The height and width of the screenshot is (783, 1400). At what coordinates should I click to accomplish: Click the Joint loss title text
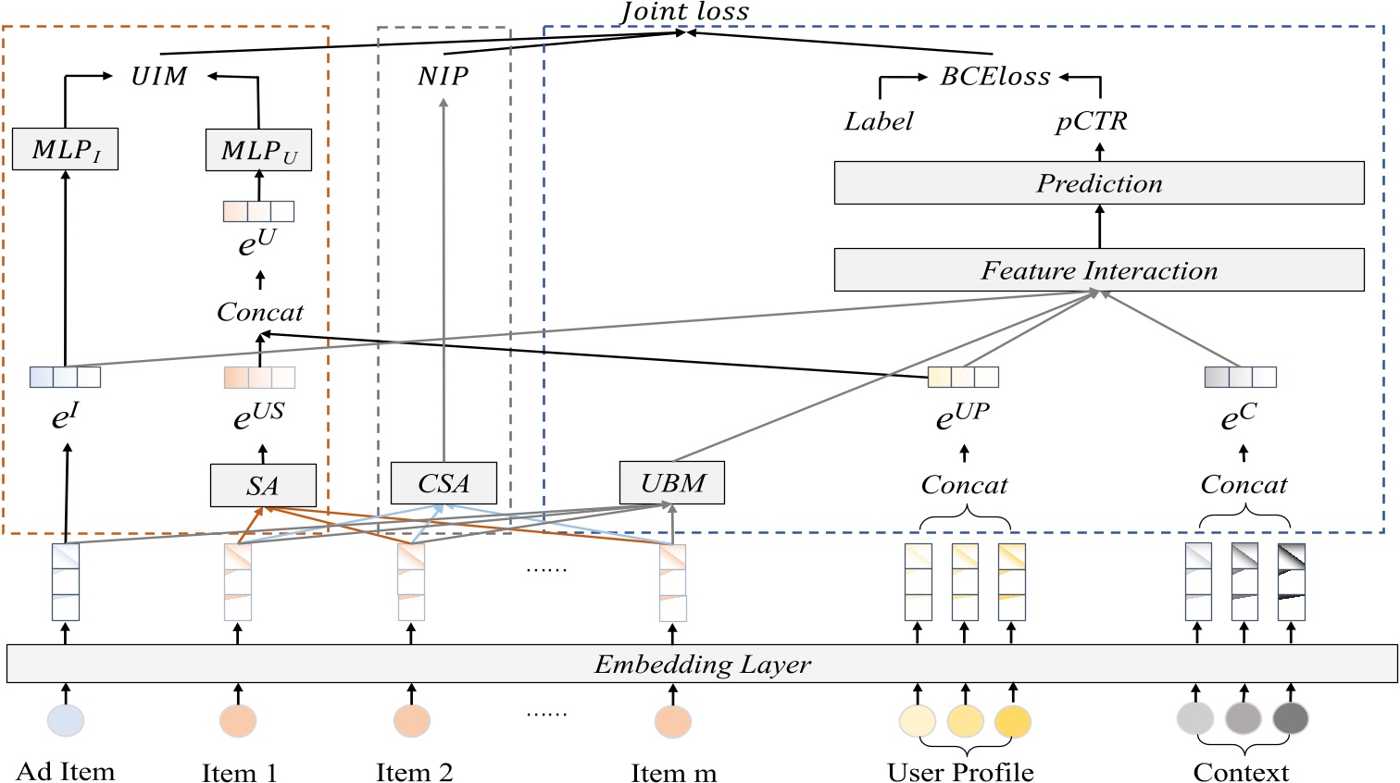coord(684,12)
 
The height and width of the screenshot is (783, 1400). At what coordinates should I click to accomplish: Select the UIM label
coord(159,76)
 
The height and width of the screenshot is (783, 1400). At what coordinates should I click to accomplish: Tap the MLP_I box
coord(65,149)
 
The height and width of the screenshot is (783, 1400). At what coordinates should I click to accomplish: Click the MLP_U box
coord(258,150)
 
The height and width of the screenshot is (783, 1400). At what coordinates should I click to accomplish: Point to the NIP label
coord(443,76)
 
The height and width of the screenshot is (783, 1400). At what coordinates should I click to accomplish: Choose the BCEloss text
coord(995,76)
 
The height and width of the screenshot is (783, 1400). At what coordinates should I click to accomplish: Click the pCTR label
coord(1092,121)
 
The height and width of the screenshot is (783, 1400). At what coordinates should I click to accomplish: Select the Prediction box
coord(1098,183)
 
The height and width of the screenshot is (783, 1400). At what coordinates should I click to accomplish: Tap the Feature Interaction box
coord(1098,270)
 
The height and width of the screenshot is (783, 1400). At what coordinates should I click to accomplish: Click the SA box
coord(263,486)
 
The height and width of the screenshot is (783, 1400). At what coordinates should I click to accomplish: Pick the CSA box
coord(444,483)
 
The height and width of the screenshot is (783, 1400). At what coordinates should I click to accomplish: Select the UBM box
coord(672,483)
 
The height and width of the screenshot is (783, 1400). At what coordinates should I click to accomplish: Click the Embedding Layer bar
coord(702,665)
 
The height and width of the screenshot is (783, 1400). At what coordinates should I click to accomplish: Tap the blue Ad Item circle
coord(66,720)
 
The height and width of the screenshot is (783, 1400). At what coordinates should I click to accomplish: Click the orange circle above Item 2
coord(411,720)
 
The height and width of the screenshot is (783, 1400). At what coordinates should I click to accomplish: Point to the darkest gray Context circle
coord(1290,718)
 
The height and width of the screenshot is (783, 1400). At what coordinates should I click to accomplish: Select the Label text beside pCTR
coord(878,121)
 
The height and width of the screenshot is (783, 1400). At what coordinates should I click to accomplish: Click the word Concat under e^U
coord(259,313)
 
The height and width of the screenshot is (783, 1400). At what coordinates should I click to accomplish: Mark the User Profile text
coord(960,771)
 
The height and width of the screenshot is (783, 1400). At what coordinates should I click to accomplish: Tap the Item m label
coord(673,773)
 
